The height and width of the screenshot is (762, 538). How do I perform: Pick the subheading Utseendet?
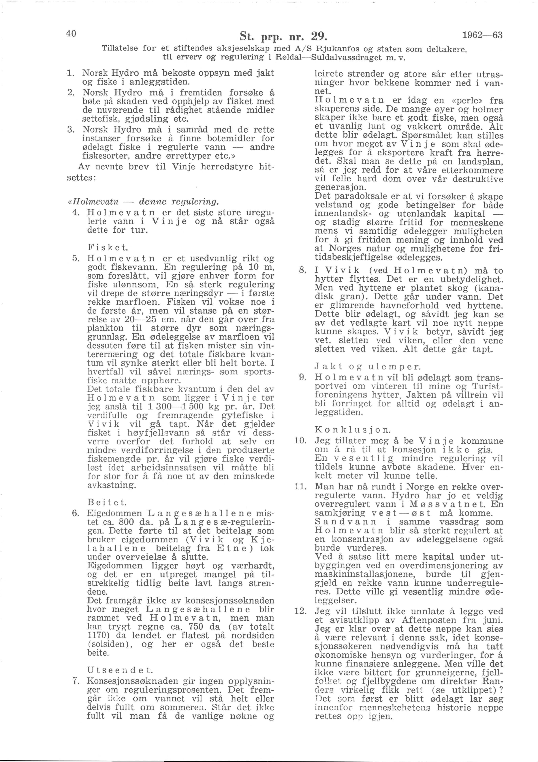tap(120, 670)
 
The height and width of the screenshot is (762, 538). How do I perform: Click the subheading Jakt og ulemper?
tap(368, 367)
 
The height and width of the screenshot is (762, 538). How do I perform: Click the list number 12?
tap(300, 611)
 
